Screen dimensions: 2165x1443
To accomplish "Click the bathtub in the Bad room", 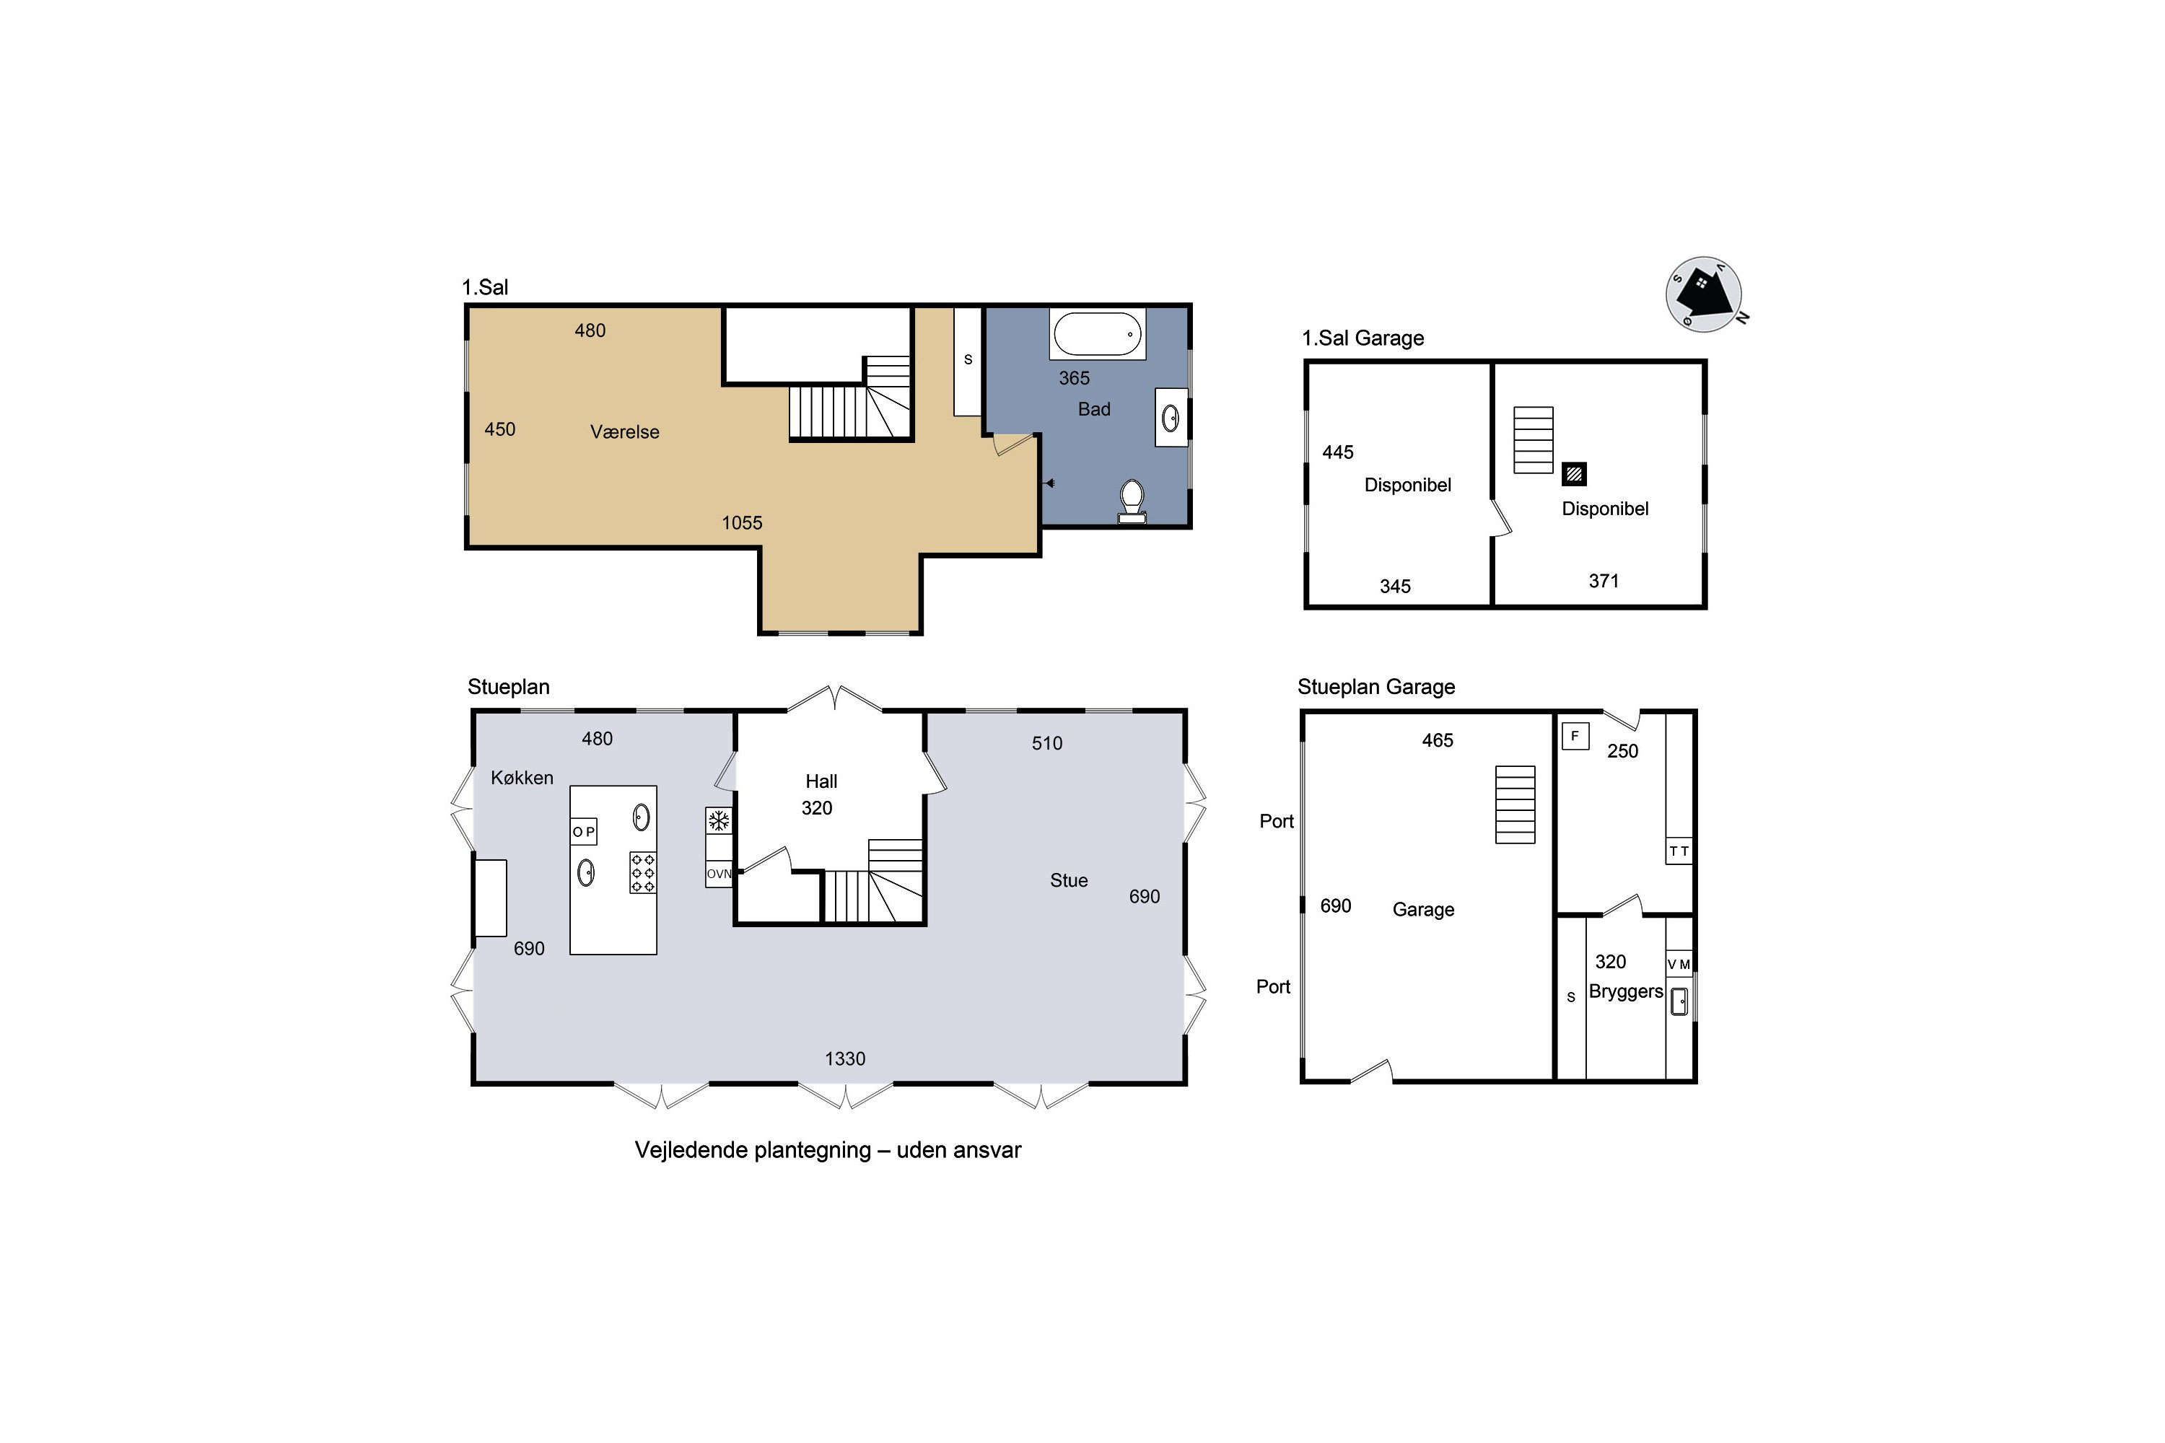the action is click(x=1097, y=334).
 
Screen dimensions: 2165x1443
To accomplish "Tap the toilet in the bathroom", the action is click(x=1132, y=501).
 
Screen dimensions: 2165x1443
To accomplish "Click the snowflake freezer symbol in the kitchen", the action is click(x=718, y=820).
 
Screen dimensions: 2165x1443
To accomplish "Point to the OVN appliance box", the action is click(x=719, y=873).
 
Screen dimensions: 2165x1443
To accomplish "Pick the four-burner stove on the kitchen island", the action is click(x=642, y=872).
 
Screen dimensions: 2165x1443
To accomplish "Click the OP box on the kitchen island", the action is click(x=584, y=831).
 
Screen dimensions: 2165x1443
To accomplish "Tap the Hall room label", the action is click(x=821, y=781).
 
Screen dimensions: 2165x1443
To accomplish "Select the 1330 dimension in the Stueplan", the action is click(x=845, y=1058).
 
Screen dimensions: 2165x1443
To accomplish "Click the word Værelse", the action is click(x=624, y=431).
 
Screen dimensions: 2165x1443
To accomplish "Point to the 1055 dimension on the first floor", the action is click(x=742, y=522).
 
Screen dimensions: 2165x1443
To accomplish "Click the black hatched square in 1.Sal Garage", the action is click(x=1574, y=474).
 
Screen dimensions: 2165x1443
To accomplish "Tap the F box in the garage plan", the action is click(x=1575, y=736).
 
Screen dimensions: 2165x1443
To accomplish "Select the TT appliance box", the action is click(x=1679, y=851).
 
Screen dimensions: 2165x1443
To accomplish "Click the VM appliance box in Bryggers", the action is click(x=1679, y=963).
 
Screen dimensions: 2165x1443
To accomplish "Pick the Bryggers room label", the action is click(x=1626, y=992).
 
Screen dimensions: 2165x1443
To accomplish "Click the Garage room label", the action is click(x=1423, y=909).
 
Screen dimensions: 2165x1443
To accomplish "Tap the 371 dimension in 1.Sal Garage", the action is click(x=1604, y=581).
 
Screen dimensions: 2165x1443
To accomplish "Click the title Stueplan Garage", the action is click(x=1376, y=687).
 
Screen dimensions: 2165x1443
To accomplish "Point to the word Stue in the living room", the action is click(x=1069, y=881).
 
